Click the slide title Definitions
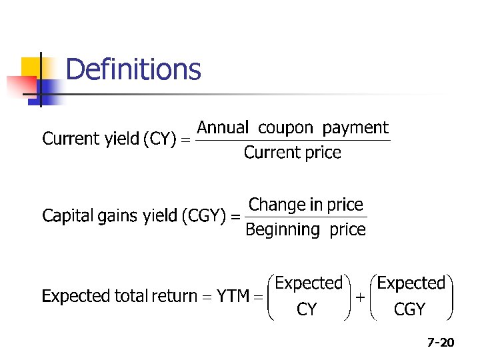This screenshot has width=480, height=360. [x=133, y=69]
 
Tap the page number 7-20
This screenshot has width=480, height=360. [x=441, y=343]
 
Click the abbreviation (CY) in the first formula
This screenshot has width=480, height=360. [x=160, y=139]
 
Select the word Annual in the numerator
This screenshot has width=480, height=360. [x=223, y=127]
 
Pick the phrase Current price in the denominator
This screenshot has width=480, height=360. [x=292, y=153]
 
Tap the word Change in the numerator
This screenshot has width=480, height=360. [x=273, y=205]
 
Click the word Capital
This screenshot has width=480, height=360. [x=65, y=216]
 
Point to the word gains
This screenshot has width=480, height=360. [x=116, y=217]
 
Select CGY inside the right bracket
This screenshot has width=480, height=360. [x=410, y=310]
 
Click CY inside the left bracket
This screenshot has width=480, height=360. [x=307, y=310]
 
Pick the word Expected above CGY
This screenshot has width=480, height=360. [x=411, y=283]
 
